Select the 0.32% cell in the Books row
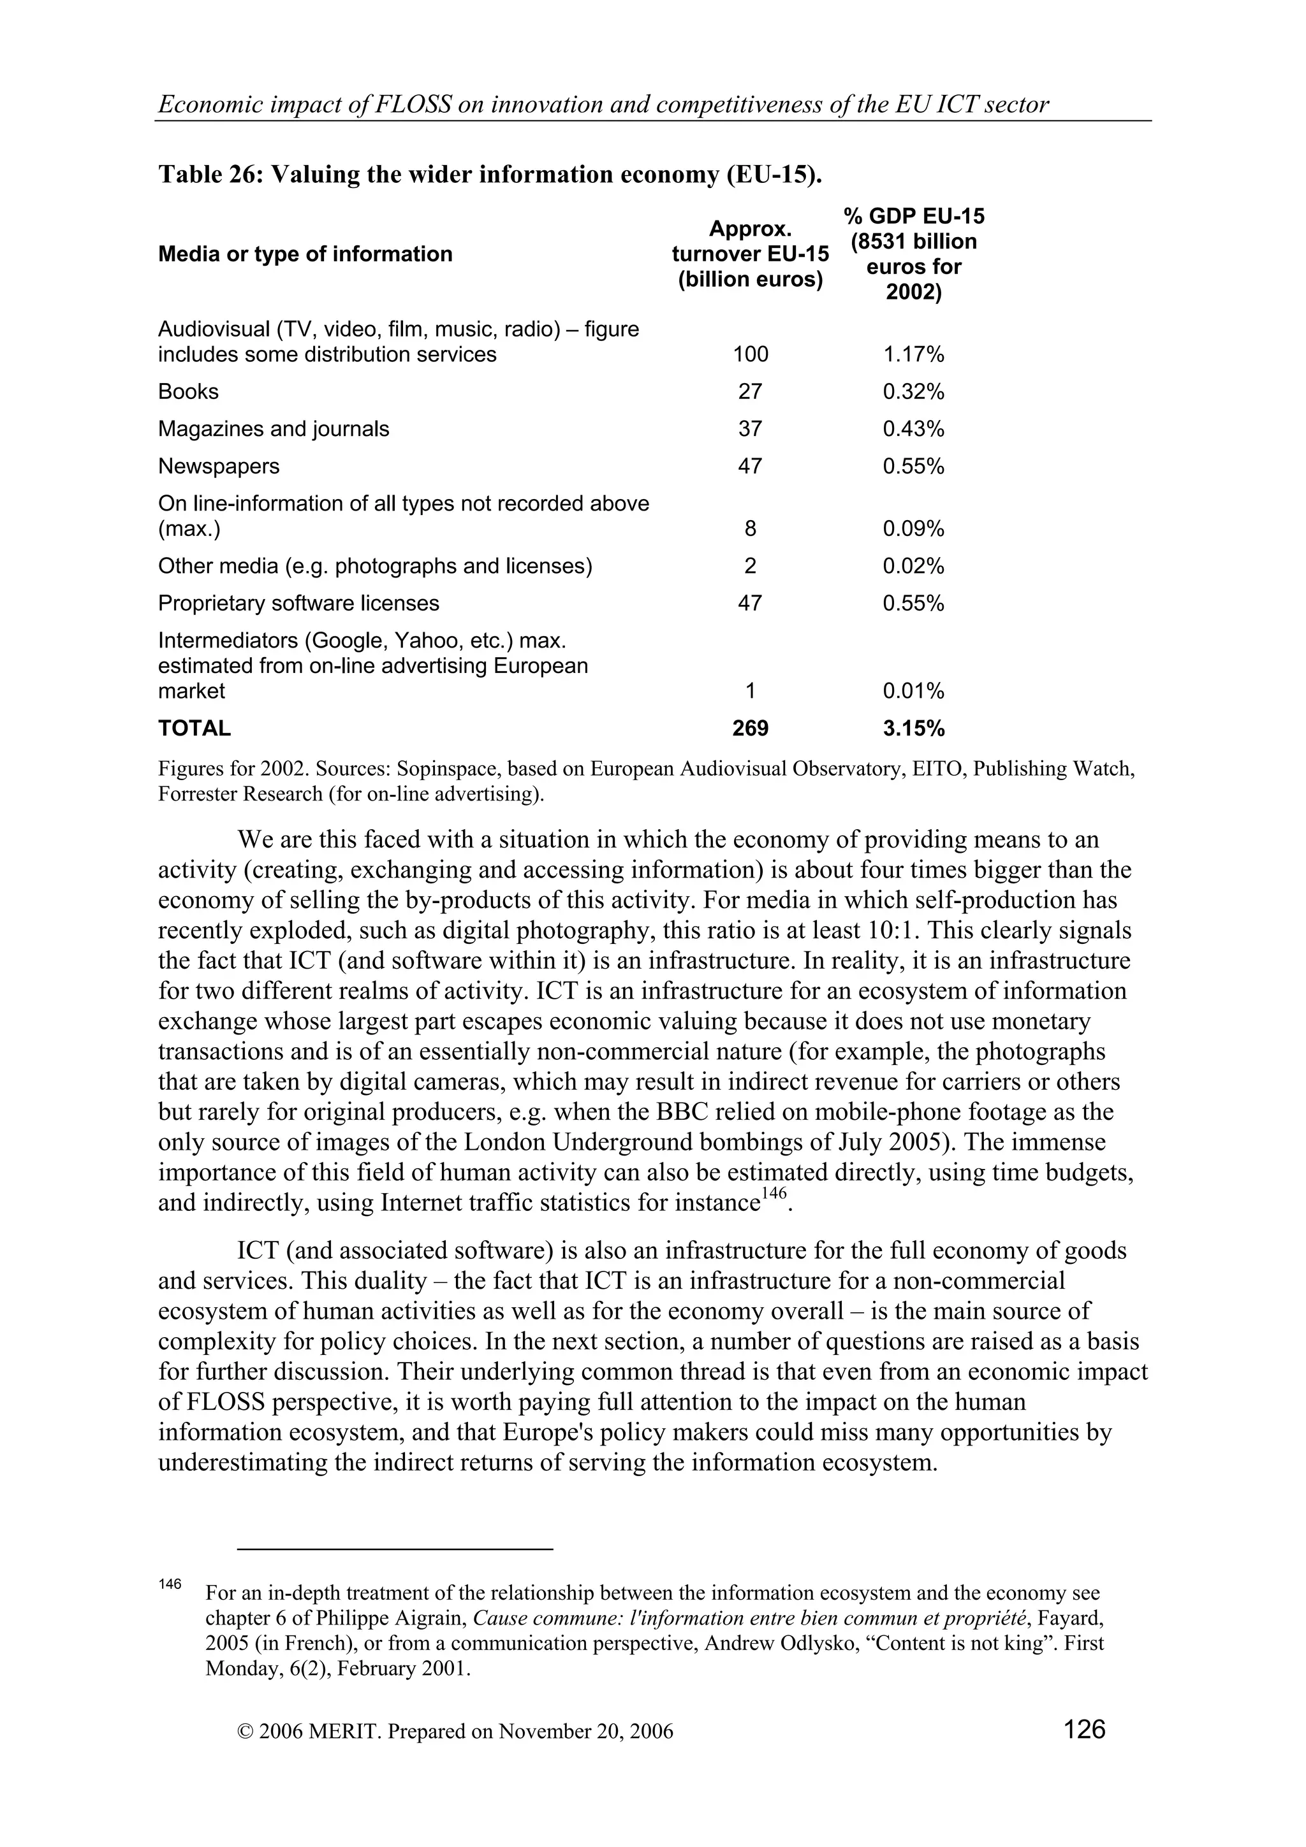913,392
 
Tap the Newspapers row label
218,466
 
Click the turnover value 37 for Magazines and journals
750,429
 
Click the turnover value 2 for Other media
750,567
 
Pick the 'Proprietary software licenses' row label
298,604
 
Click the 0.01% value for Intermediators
913,691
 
